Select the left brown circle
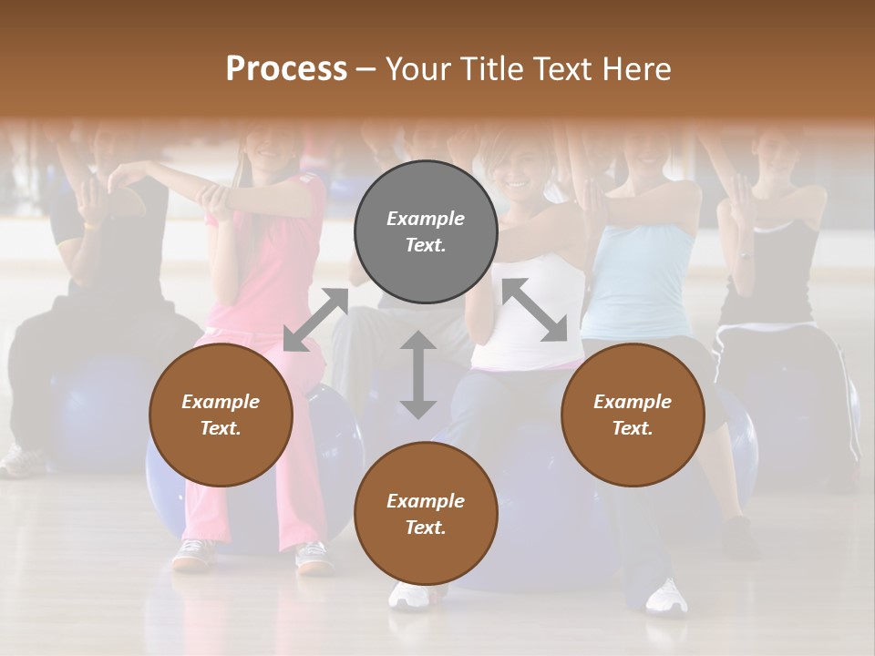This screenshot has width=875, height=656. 221,415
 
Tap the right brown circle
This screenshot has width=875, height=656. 633,415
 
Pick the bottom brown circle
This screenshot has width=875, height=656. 426,513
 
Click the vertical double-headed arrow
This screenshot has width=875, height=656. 418,374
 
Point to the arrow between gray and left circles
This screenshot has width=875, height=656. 315,319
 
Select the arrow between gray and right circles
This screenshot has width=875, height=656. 534,310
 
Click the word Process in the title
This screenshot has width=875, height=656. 286,68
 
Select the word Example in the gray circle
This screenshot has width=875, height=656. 426,219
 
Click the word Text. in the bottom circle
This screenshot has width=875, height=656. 426,528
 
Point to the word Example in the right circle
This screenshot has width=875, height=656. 633,402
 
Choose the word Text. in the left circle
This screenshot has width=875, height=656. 221,428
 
